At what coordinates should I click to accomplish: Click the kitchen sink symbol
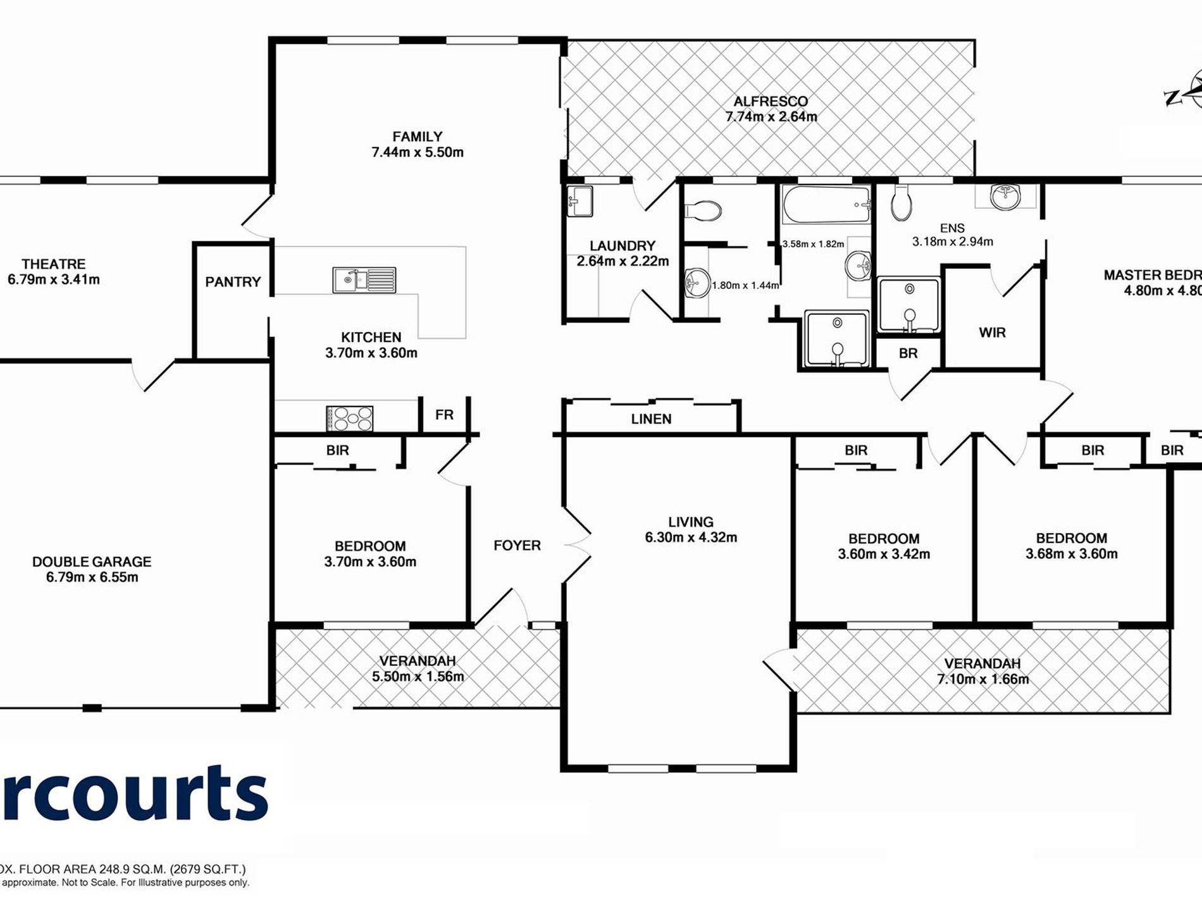[364, 279]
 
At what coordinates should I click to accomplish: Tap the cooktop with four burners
[349, 419]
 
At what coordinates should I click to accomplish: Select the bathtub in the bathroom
[826, 204]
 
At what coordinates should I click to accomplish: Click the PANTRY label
[233, 282]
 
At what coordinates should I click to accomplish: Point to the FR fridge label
[444, 415]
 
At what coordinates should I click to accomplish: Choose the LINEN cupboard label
[651, 419]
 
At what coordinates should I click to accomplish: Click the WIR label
[992, 333]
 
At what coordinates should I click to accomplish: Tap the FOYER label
[517, 545]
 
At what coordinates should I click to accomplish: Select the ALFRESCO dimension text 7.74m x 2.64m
[771, 117]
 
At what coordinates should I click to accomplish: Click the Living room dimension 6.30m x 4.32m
[691, 537]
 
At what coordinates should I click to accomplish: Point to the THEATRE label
[54, 264]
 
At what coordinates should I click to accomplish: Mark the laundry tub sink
[579, 201]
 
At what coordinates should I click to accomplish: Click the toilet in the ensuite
[901, 202]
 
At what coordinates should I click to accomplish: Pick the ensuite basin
[1005, 197]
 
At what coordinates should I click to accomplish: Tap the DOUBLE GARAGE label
[92, 561]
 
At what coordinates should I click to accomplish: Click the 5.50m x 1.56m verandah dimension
[418, 677]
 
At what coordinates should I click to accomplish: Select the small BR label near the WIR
[908, 353]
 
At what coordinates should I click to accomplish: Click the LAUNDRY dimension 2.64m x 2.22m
[623, 261]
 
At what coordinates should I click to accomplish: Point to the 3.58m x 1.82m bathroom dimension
[813, 244]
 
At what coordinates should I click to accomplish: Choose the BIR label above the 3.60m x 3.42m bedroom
[856, 450]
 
